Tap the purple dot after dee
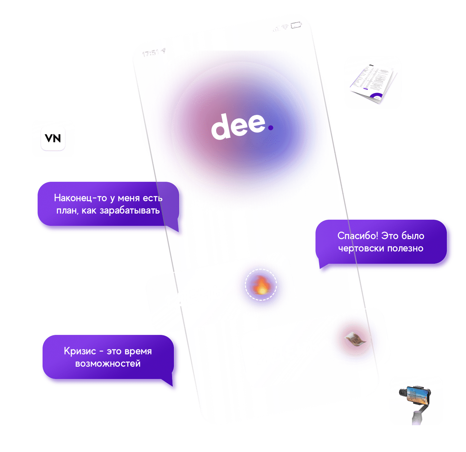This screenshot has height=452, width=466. pyautogui.click(x=270, y=127)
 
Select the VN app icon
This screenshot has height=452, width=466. pyautogui.click(x=53, y=138)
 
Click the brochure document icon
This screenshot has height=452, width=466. pyautogui.click(x=373, y=82)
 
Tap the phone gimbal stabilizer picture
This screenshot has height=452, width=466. pyautogui.click(x=416, y=400)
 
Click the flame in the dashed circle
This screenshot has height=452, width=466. pyautogui.click(x=261, y=285)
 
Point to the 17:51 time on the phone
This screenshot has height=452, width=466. pyautogui.click(x=151, y=53)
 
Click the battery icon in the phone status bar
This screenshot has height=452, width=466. pyautogui.click(x=296, y=25)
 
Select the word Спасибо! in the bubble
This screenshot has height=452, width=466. pyautogui.click(x=357, y=236)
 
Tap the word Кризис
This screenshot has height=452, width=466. pyautogui.click(x=80, y=351)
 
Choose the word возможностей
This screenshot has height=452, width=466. pyautogui.click(x=108, y=364)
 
